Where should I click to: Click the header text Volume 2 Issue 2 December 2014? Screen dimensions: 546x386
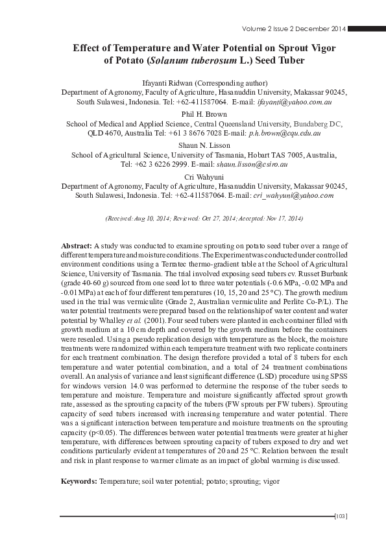(x=293, y=29)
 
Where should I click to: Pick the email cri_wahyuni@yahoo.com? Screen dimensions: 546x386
(x=293, y=195)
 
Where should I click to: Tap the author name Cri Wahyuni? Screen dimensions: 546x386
(x=193, y=176)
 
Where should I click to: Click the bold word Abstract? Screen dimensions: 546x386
(x=77, y=247)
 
